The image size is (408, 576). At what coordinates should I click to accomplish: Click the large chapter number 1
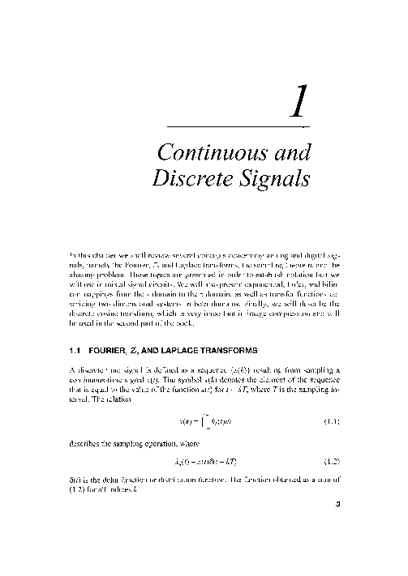pyautogui.click(x=299, y=103)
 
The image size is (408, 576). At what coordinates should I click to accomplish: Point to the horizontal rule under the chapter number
pyautogui.click(x=236, y=127)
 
